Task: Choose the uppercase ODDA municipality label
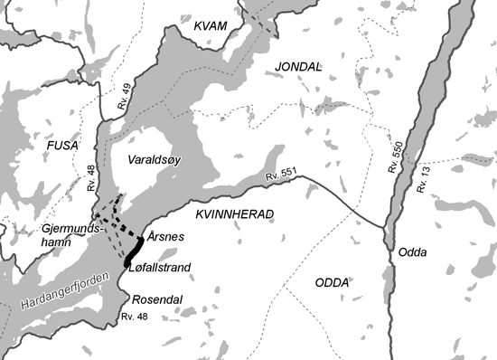(332, 282)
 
